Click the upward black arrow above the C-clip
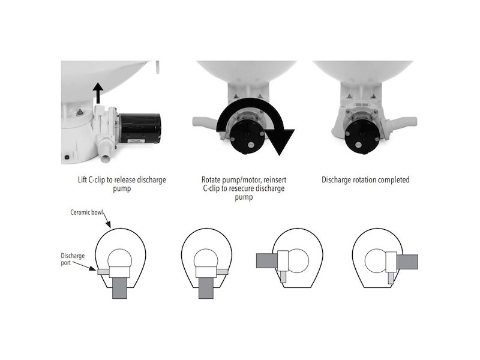tap(98, 93)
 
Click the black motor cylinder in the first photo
tap(140, 128)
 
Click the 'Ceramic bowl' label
tap(86, 212)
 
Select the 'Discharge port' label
tap(73, 259)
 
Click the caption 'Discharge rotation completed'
tap(365, 179)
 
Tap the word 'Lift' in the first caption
tap(82, 179)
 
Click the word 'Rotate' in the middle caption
tap(211, 179)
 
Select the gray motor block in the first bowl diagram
tap(119, 288)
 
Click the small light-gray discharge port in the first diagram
tap(103, 272)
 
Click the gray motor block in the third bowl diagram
tap(267, 260)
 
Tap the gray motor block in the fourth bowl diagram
tap(407, 262)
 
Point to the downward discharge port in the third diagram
tap(283, 277)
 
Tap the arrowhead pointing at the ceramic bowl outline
tap(109, 225)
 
